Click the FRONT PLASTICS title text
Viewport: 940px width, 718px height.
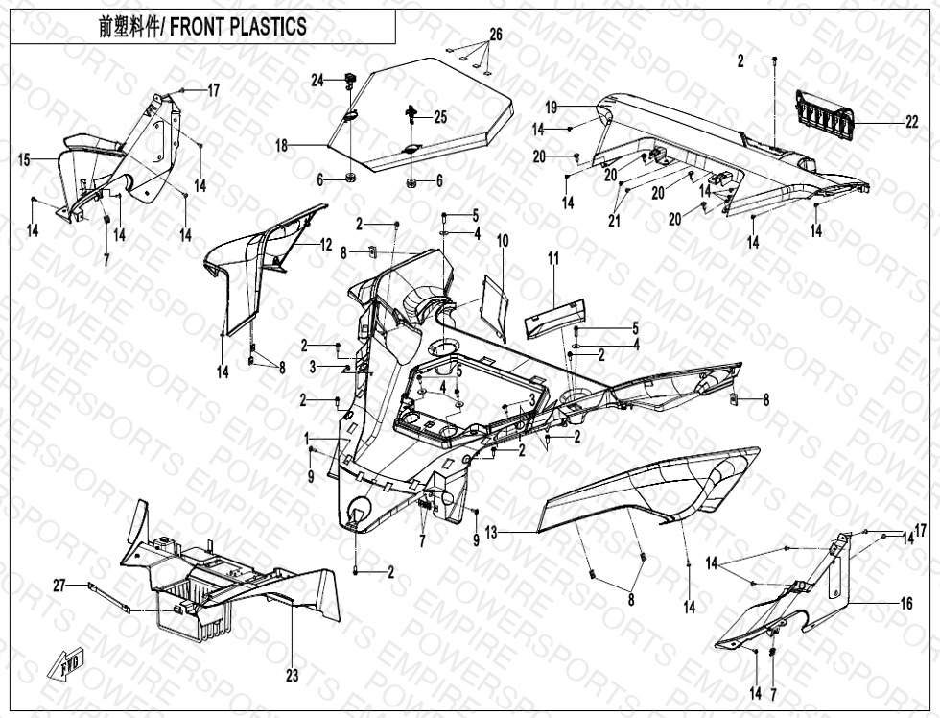(x=202, y=27)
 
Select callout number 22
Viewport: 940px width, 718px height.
(x=911, y=122)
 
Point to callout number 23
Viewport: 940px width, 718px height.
(x=292, y=676)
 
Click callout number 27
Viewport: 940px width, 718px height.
(x=59, y=585)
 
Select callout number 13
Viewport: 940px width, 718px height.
(x=491, y=532)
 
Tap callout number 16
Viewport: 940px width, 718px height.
(x=906, y=604)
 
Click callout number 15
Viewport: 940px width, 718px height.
(x=24, y=159)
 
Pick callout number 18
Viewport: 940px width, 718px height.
(x=281, y=146)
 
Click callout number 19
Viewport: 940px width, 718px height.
(x=551, y=106)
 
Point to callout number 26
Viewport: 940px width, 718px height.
(x=496, y=35)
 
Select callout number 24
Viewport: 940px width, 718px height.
(x=317, y=81)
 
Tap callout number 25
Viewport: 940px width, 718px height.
(x=439, y=117)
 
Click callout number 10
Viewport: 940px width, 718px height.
(x=503, y=240)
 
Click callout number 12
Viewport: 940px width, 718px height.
(x=326, y=245)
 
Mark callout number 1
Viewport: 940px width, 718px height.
(x=307, y=438)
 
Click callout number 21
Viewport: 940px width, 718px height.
(x=614, y=221)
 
